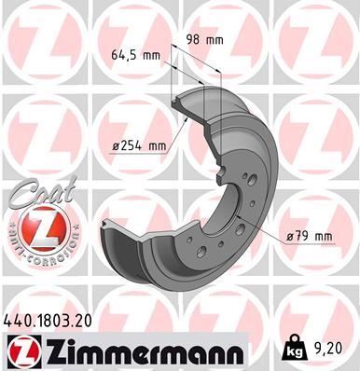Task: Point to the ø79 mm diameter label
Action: click(310, 236)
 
